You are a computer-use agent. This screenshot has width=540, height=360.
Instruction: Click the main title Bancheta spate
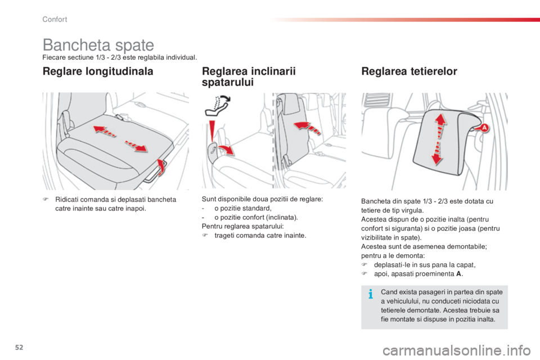pos(98,44)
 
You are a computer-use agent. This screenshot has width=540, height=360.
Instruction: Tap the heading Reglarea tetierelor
pos(410,71)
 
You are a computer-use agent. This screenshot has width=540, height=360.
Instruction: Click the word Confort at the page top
pos(55,20)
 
